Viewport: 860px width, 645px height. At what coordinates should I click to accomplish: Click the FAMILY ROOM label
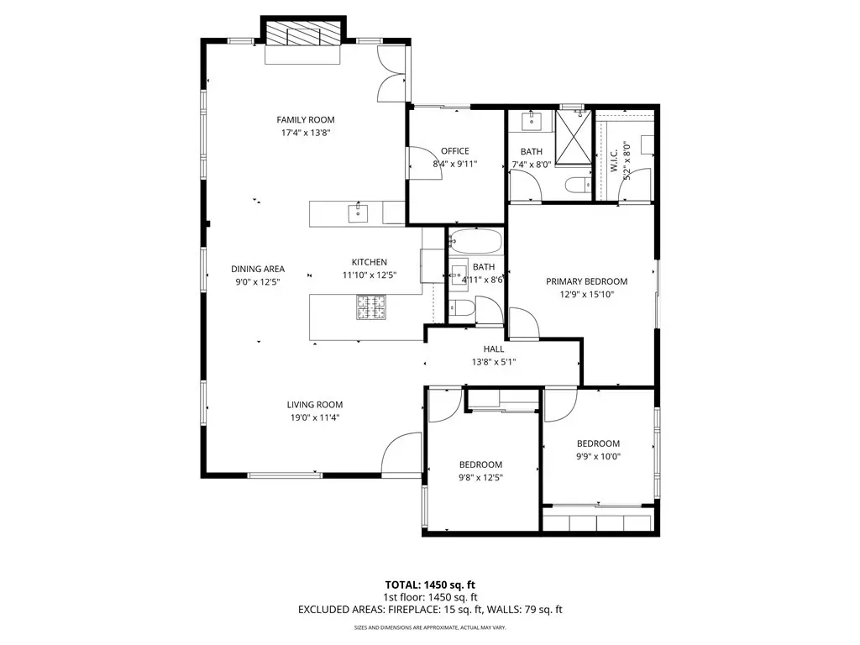[x=306, y=119]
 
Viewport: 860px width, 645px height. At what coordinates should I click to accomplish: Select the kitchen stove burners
[x=371, y=307]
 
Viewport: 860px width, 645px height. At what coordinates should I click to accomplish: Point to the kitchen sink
[x=358, y=212]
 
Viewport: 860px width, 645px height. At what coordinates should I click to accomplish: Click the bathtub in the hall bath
[x=475, y=241]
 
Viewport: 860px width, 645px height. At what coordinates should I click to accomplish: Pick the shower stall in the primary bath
[x=573, y=137]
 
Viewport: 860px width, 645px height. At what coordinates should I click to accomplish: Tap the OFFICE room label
[x=455, y=151]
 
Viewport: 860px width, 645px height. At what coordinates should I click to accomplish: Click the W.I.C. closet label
[x=614, y=159]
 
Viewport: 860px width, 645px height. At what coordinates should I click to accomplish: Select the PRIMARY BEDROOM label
[x=587, y=281]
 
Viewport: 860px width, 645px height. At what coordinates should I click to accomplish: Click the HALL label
[x=494, y=349]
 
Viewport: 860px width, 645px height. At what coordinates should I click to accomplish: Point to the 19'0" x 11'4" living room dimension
[x=315, y=417]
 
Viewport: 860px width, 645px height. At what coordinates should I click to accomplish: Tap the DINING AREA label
[x=258, y=269]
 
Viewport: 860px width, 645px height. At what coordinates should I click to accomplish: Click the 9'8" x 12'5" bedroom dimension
[x=481, y=477]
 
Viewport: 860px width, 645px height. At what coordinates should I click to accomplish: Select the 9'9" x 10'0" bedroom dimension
[x=598, y=456]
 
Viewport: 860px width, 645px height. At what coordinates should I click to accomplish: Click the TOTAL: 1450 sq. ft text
[x=430, y=585]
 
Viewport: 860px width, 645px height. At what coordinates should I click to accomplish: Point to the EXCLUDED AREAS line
[x=430, y=610]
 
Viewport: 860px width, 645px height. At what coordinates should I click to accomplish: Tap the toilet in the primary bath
[x=578, y=186]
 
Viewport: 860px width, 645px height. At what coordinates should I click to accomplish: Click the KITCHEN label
[x=370, y=262]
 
